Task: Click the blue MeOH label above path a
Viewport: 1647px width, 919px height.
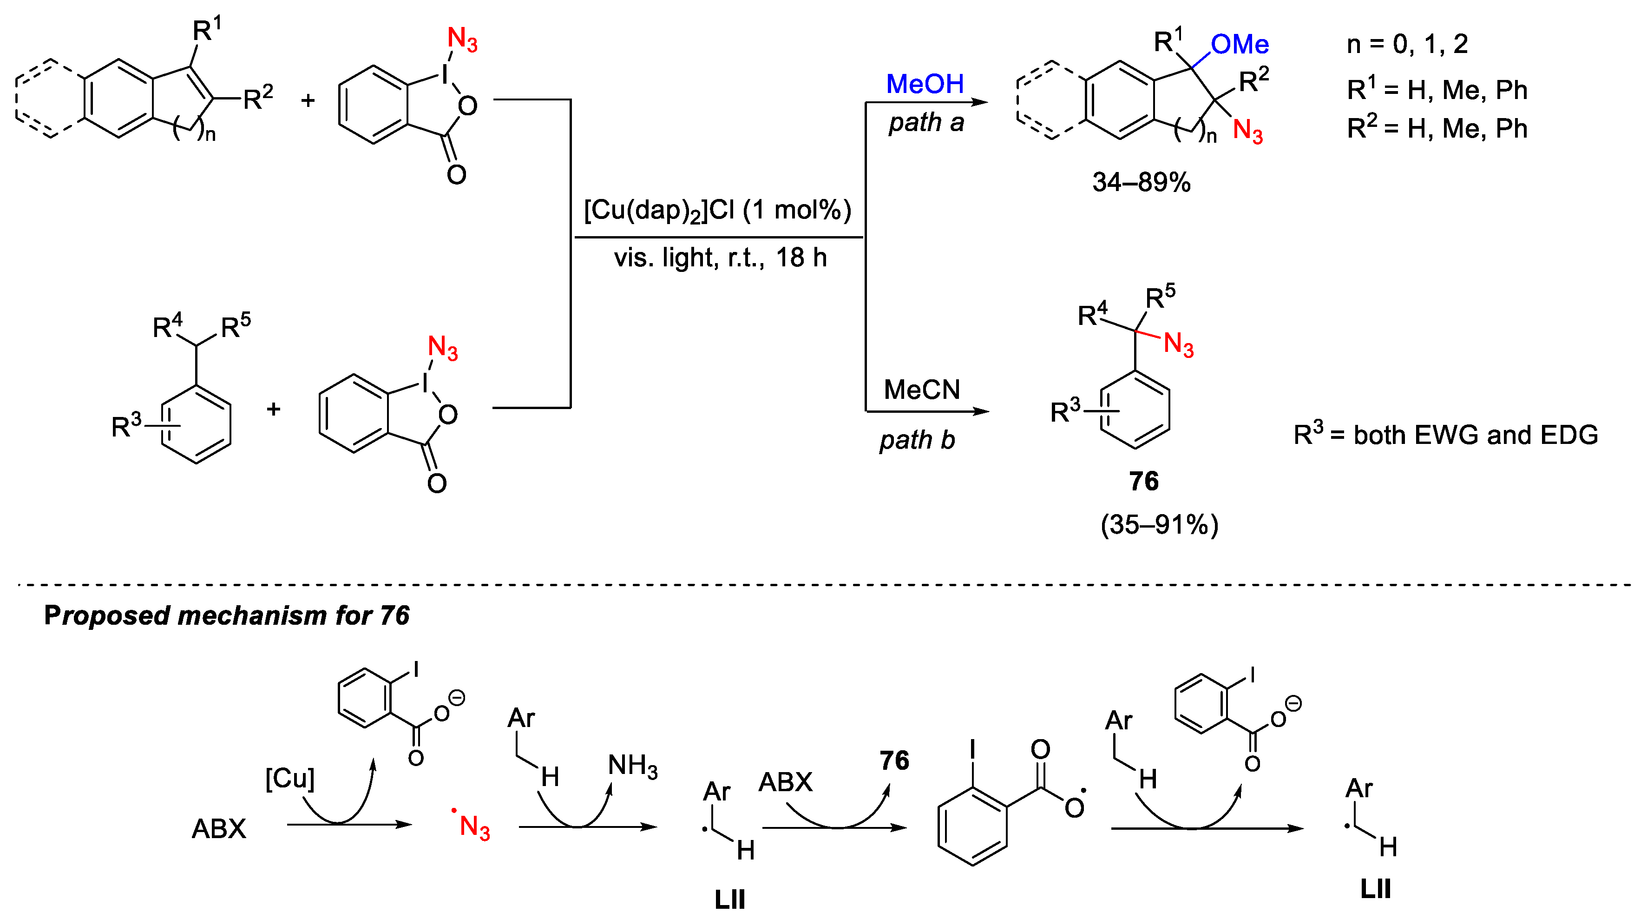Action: (x=925, y=84)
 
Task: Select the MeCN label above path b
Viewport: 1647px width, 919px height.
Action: (x=921, y=390)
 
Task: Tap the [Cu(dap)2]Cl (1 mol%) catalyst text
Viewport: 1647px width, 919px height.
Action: (x=717, y=211)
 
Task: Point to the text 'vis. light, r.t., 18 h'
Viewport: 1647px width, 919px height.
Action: (x=720, y=258)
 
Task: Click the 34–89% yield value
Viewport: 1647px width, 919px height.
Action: (x=1141, y=182)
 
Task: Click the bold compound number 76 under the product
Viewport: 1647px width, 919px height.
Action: (x=1143, y=481)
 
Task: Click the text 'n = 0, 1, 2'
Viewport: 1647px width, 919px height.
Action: (x=1407, y=44)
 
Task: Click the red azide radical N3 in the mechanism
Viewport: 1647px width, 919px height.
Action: (x=473, y=826)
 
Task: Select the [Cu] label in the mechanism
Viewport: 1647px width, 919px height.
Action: (x=289, y=778)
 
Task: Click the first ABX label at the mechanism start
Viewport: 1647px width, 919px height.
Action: (x=219, y=829)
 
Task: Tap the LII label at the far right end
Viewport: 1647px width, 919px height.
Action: (x=1375, y=889)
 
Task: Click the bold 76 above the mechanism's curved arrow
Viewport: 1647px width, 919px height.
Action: (x=894, y=760)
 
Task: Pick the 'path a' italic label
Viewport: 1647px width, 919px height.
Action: (x=926, y=122)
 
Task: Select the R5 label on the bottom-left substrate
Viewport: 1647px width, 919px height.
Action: (x=235, y=326)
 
